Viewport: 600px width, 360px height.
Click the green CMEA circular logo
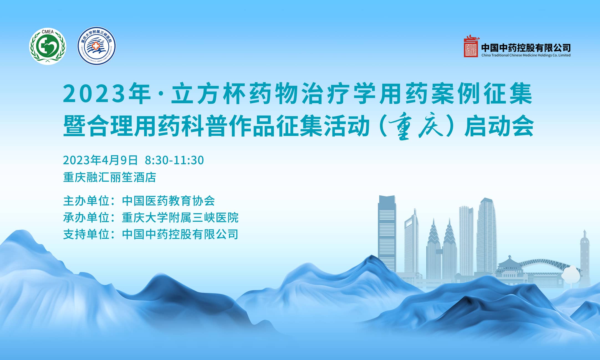(48, 47)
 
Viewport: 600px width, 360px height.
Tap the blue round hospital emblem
(96, 46)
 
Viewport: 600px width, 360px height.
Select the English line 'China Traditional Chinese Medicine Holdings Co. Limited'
(526, 55)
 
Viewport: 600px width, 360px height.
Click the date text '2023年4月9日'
(100, 160)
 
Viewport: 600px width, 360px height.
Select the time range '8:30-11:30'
(174, 160)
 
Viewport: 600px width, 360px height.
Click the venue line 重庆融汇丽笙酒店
(110, 177)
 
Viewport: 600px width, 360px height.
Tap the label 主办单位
(86, 201)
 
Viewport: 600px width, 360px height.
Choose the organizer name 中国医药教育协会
(168, 201)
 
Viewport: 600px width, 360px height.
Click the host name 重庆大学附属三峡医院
(180, 218)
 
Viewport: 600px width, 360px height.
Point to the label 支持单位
(86, 234)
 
